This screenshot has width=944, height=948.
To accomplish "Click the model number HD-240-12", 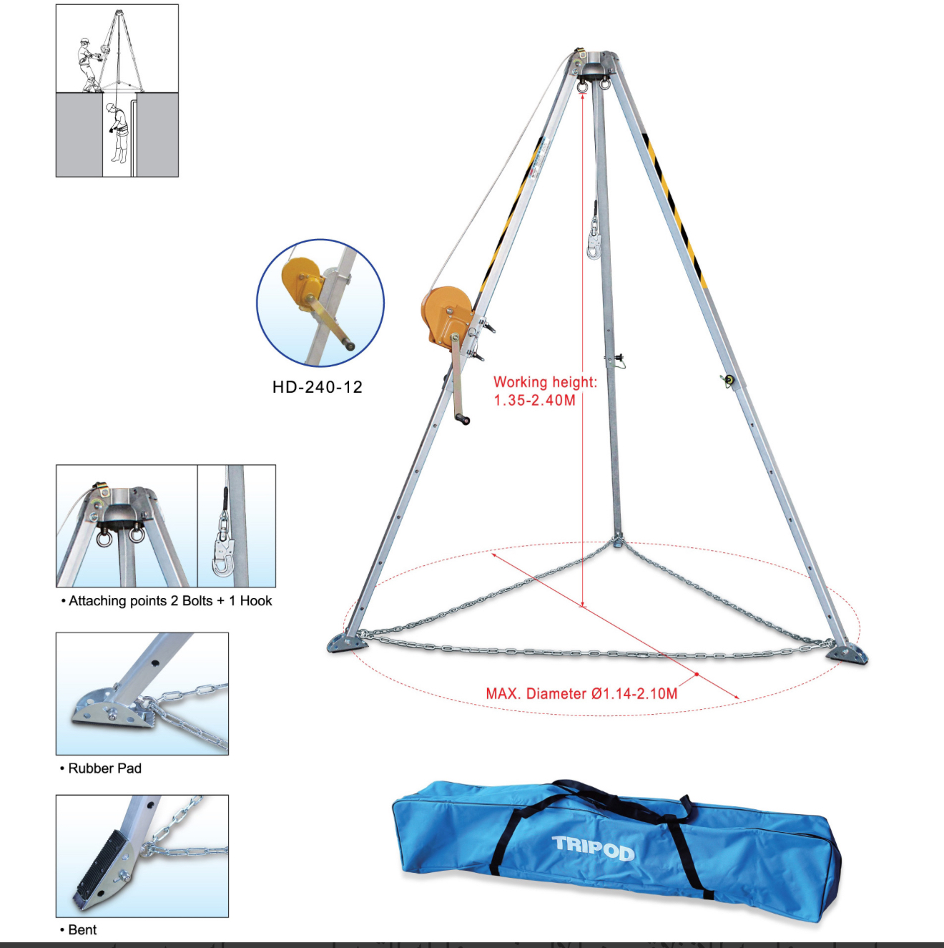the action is tap(318, 386).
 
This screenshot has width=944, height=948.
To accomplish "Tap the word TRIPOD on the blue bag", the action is tap(594, 848).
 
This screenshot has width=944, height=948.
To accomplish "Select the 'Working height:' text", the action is tap(545, 382).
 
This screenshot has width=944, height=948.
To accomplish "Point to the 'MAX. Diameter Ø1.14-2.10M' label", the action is tap(581, 694).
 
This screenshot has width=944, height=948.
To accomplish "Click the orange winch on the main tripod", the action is tap(447, 315).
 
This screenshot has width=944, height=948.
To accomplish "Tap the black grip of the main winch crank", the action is tap(463, 419).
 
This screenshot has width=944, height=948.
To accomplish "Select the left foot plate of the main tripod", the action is tap(348, 643).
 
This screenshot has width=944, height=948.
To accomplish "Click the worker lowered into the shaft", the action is tap(118, 133).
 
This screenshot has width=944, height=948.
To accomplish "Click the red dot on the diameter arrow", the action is tap(697, 674).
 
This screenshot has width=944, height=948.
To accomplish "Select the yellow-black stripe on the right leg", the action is tap(676, 212).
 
